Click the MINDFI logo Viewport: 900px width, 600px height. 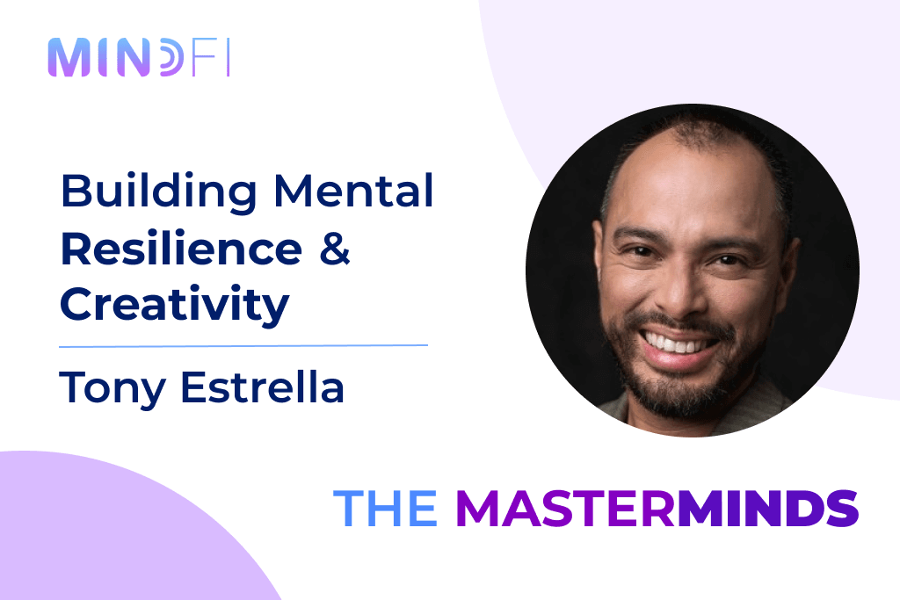point(139,57)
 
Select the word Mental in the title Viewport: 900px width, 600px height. point(353,191)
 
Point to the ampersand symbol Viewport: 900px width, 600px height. point(335,249)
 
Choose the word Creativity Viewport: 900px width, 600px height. point(175,306)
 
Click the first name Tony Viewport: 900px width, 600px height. point(112,389)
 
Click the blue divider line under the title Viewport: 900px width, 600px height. point(243,346)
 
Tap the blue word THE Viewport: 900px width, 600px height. point(385,508)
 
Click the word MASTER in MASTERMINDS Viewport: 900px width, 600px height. point(566,508)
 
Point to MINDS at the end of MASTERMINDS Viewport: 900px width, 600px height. point(767,508)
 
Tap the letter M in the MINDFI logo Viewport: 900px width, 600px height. point(69,57)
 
